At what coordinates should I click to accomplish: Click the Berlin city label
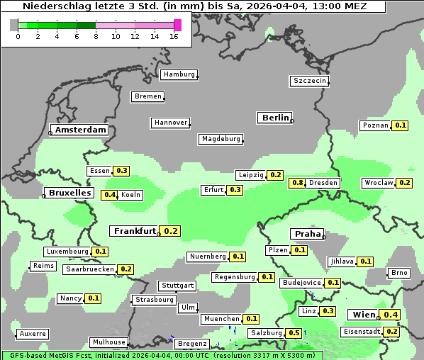(275, 118)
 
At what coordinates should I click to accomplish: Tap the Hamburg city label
(179, 74)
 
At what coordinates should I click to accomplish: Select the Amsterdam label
(80, 130)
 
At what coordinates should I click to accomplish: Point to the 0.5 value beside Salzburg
(294, 333)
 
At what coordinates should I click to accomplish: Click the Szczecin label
(310, 81)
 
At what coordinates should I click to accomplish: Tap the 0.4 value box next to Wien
(391, 315)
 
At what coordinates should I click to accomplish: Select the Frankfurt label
(135, 231)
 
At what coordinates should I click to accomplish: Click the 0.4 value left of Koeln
(110, 195)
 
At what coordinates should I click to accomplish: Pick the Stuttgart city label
(177, 286)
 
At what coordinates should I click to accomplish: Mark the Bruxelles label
(69, 193)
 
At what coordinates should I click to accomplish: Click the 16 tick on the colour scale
(174, 36)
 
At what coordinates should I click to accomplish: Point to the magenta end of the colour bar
(177, 25)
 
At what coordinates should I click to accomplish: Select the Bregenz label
(192, 343)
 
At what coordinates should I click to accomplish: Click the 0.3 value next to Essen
(121, 171)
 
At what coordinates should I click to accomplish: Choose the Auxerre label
(33, 333)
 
